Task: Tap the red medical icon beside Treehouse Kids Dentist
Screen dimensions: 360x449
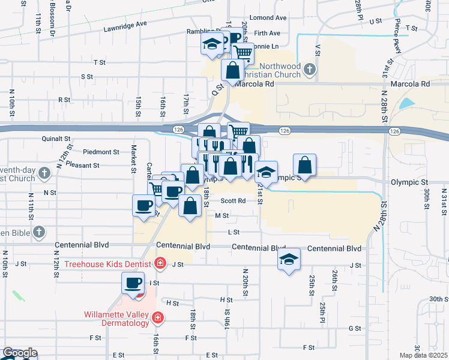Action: (x=160, y=262)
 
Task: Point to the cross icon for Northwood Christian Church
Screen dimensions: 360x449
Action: (x=310, y=69)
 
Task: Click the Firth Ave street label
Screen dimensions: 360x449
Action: (x=267, y=33)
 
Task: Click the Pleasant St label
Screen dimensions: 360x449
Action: (x=83, y=164)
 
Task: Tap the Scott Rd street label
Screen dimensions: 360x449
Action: (x=233, y=201)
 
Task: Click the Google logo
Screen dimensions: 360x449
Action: (x=20, y=353)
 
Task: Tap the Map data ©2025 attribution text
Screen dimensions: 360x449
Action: (x=423, y=355)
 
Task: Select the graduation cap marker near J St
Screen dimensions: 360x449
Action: (x=289, y=259)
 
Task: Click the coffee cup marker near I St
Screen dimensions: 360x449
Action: (x=133, y=283)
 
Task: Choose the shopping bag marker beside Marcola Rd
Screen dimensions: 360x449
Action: (x=232, y=70)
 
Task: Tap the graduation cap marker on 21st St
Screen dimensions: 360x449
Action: (x=266, y=172)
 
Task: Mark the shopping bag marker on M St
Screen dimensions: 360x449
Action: (x=190, y=206)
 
